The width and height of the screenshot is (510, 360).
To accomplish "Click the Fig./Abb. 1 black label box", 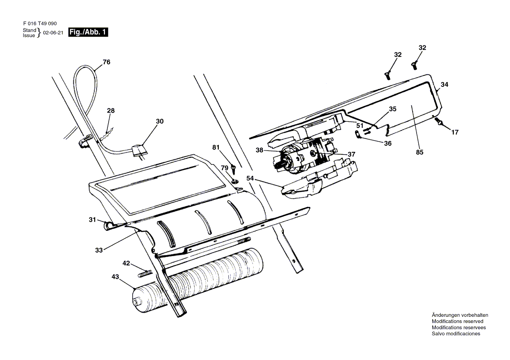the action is [x=88, y=32].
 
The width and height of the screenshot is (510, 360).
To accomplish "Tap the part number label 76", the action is [x=107, y=62].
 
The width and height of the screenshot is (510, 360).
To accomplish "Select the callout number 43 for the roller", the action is [x=115, y=277].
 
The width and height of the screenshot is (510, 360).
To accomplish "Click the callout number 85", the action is [x=420, y=152].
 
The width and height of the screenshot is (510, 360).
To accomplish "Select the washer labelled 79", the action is [x=235, y=181].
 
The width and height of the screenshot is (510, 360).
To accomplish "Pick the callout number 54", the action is [x=250, y=178].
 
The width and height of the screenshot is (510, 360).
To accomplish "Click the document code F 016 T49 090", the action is [x=40, y=24].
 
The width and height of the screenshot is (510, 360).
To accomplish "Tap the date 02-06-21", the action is [x=53, y=33].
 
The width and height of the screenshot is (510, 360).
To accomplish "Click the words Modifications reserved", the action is [x=457, y=321].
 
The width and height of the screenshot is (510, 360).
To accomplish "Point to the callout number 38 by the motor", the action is [x=259, y=150].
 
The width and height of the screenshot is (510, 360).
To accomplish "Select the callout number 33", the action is [x=99, y=250].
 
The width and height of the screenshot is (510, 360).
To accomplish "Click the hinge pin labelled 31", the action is [x=109, y=225].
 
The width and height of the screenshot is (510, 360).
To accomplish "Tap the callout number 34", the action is [x=445, y=84].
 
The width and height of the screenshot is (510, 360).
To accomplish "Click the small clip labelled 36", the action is [x=357, y=134].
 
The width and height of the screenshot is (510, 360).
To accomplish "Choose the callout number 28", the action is [x=111, y=110].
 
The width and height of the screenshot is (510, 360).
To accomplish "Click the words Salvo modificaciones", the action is [x=456, y=333].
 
